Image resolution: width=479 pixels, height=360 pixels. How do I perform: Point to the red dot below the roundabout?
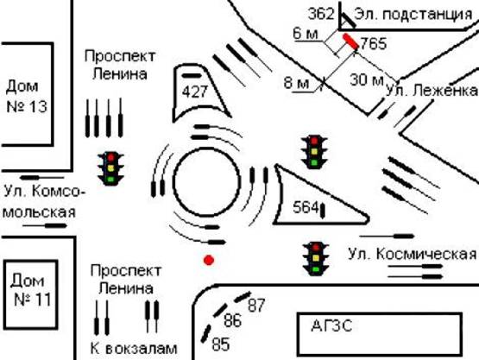click(x=208, y=260)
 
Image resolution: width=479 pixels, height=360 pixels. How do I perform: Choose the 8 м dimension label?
click(x=296, y=84)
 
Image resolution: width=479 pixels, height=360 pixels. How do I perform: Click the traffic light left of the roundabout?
click(x=110, y=168)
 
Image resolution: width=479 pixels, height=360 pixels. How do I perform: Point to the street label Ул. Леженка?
click(x=431, y=92)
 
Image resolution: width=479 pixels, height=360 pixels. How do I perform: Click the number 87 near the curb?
click(x=256, y=305)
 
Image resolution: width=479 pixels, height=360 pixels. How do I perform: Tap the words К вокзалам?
click(x=133, y=349)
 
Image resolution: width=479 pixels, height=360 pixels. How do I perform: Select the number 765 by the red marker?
click(x=373, y=43)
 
